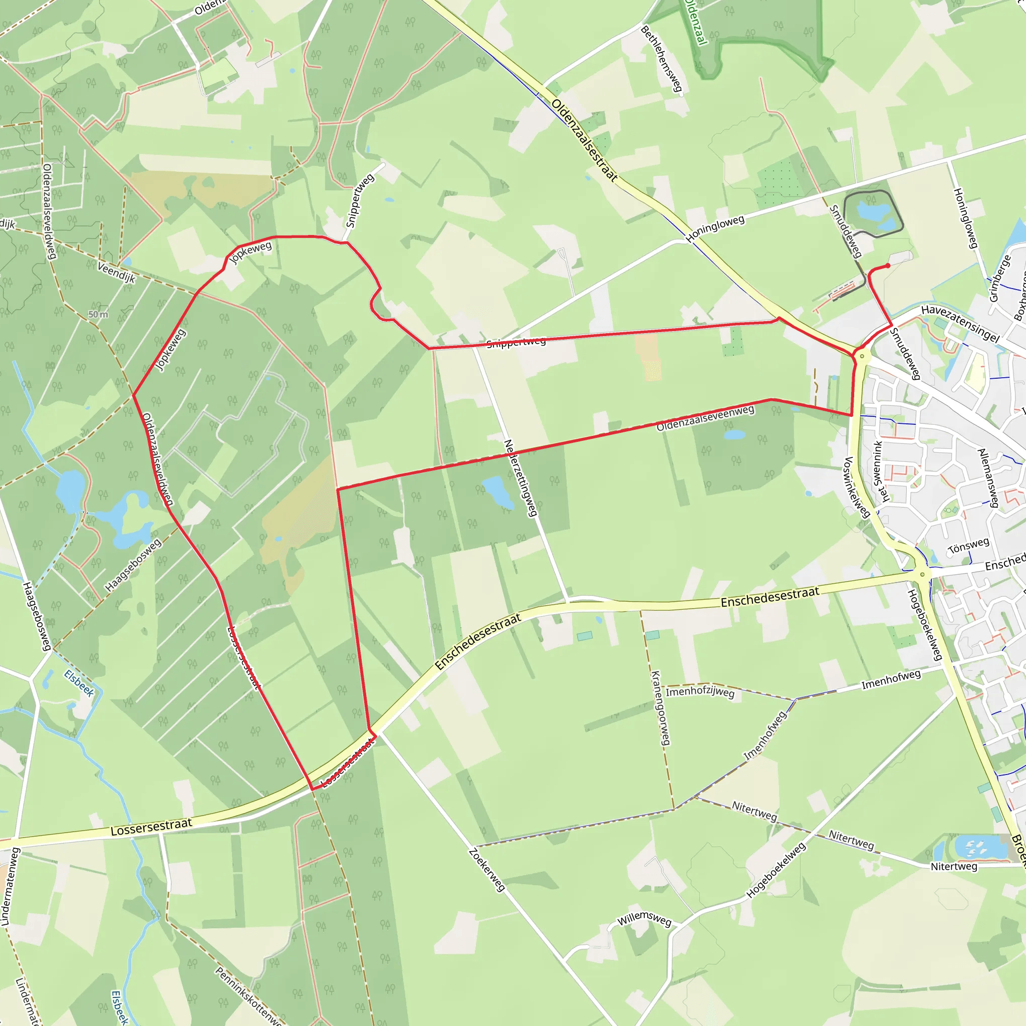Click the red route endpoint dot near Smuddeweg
coord(888,266)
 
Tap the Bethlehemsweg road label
coord(661,59)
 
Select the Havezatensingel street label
coord(960,324)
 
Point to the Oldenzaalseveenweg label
coord(705,418)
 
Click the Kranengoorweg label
coord(661,707)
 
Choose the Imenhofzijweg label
coord(700,692)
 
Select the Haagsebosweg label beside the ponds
coord(133,566)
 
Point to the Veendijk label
coord(116,273)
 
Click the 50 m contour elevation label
coord(98,315)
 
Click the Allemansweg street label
coord(988,478)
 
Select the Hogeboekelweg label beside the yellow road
coord(925,625)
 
